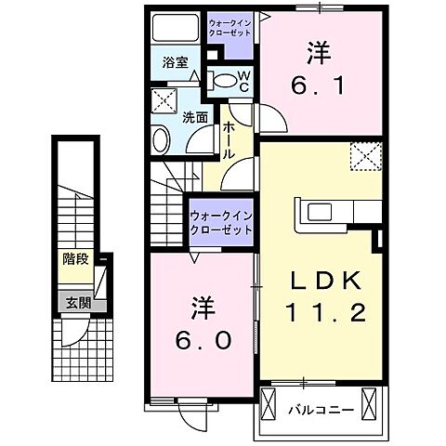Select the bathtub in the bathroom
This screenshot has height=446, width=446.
[x=175, y=28]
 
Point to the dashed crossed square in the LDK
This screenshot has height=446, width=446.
[x=363, y=156]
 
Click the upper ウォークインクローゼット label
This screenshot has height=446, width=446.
[x=231, y=27]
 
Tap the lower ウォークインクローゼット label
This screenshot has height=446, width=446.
[x=222, y=223]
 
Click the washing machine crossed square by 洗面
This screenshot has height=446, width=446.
[x=166, y=99]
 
